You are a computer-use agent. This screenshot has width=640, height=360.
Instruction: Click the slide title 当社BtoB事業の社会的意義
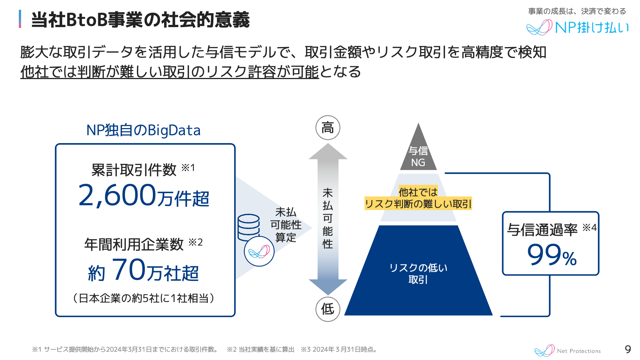(140, 20)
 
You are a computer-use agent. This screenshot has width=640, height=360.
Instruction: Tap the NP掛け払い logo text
(591, 27)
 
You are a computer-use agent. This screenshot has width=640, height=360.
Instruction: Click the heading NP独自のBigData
(143, 130)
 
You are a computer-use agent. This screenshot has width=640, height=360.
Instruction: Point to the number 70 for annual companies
(128, 270)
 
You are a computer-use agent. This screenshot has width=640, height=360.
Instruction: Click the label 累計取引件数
(134, 170)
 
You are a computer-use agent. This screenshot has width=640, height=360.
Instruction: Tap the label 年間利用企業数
(134, 244)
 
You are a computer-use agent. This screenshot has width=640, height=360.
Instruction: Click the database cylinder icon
(248, 227)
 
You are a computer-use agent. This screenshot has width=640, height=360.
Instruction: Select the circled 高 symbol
(328, 128)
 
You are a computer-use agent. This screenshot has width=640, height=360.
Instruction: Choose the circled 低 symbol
(328, 309)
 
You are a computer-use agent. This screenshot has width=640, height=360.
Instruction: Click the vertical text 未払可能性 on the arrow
(328, 218)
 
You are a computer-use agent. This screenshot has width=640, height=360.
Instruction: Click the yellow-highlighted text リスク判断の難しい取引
(418, 204)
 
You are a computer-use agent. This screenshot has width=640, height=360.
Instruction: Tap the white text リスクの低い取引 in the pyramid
(418, 273)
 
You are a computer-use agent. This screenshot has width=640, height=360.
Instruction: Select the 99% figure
(552, 255)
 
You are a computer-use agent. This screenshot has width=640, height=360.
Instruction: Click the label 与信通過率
(542, 230)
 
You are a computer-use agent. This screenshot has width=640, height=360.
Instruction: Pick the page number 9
(628, 349)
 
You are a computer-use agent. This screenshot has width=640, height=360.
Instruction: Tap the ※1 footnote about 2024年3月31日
(125, 349)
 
